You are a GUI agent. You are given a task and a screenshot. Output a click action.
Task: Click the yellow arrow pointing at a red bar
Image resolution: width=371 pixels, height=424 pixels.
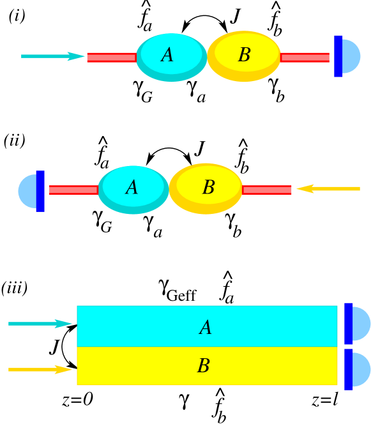click(328, 188)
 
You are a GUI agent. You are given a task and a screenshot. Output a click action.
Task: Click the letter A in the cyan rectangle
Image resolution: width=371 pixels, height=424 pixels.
click(205, 328)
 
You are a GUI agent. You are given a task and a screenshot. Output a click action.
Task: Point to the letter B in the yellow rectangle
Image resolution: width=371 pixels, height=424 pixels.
click(203, 367)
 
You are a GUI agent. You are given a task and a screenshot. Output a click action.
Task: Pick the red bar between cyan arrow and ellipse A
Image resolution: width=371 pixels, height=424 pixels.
click(111, 57)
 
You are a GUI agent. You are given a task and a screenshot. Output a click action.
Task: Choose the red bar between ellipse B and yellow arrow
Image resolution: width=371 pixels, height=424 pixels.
click(267, 190)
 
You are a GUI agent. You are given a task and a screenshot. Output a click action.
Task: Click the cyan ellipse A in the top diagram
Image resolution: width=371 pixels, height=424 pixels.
click(171, 56)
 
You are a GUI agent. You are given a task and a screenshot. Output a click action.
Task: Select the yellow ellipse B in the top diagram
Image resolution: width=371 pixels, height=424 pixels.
click(244, 56)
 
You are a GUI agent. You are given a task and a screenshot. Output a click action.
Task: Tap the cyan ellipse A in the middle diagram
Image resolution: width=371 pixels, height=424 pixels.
click(133, 189)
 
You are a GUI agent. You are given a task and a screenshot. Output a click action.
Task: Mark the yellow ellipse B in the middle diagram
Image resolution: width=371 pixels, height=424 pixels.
click(206, 188)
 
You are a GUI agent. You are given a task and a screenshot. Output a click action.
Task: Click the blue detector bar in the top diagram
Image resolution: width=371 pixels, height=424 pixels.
click(338, 56)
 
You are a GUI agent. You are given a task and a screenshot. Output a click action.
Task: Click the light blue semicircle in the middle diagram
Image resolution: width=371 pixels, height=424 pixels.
click(27, 191)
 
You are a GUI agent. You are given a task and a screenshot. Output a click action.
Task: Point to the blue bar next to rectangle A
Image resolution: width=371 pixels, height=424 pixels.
click(348, 324)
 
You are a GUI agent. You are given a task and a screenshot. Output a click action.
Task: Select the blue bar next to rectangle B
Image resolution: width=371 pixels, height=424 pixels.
click(348, 369)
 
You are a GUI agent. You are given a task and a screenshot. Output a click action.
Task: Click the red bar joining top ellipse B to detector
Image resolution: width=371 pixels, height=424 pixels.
click(305, 57)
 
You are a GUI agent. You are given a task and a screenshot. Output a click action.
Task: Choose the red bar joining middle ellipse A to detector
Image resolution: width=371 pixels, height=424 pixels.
click(73, 190)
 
